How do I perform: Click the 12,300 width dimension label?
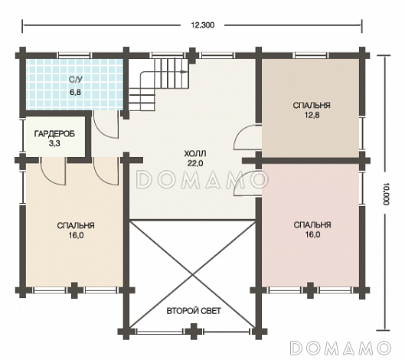click(x=202, y=25)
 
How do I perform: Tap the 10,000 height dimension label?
click(x=386, y=194)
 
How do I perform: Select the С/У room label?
click(x=76, y=80)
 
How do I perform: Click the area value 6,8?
click(x=75, y=92)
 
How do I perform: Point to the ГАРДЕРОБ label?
click(x=54, y=133)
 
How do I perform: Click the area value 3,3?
click(x=54, y=143)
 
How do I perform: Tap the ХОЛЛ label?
click(x=195, y=154)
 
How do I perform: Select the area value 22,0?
click(x=195, y=163)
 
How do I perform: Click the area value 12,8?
click(x=312, y=115)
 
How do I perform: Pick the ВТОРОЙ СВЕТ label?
click(x=194, y=311)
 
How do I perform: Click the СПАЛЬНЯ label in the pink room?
click(x=312, y=225)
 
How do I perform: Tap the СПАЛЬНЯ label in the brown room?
click(x=312, y=106)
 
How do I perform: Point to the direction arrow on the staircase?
click(x=184, y=71)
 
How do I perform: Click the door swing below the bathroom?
click(x=106, y=125)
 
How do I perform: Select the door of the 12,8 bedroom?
click(x=248, y=137)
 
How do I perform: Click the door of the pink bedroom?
click(x=247, y=183)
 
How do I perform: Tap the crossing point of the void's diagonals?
click(x=192, y=275)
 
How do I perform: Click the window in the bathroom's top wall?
click(x=74, y=55)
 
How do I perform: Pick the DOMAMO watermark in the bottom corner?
click(x=341, y=348)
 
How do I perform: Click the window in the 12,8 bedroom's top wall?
click(x=312, y=55)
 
